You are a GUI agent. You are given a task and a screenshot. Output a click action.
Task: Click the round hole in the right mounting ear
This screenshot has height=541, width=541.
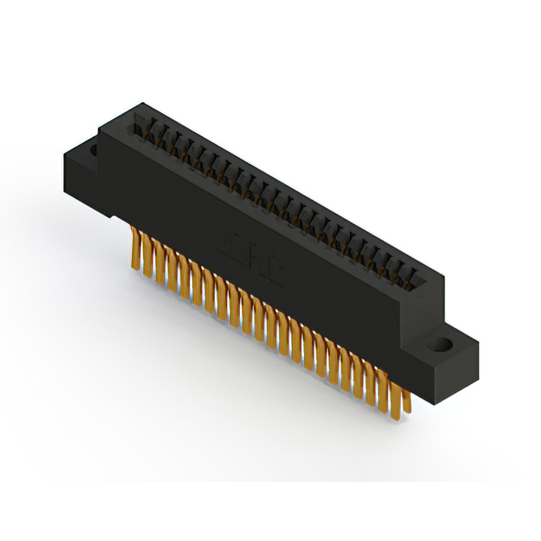[441, 345]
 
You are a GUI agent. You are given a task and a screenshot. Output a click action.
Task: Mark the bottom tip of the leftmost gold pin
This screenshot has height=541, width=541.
[135, 268]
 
